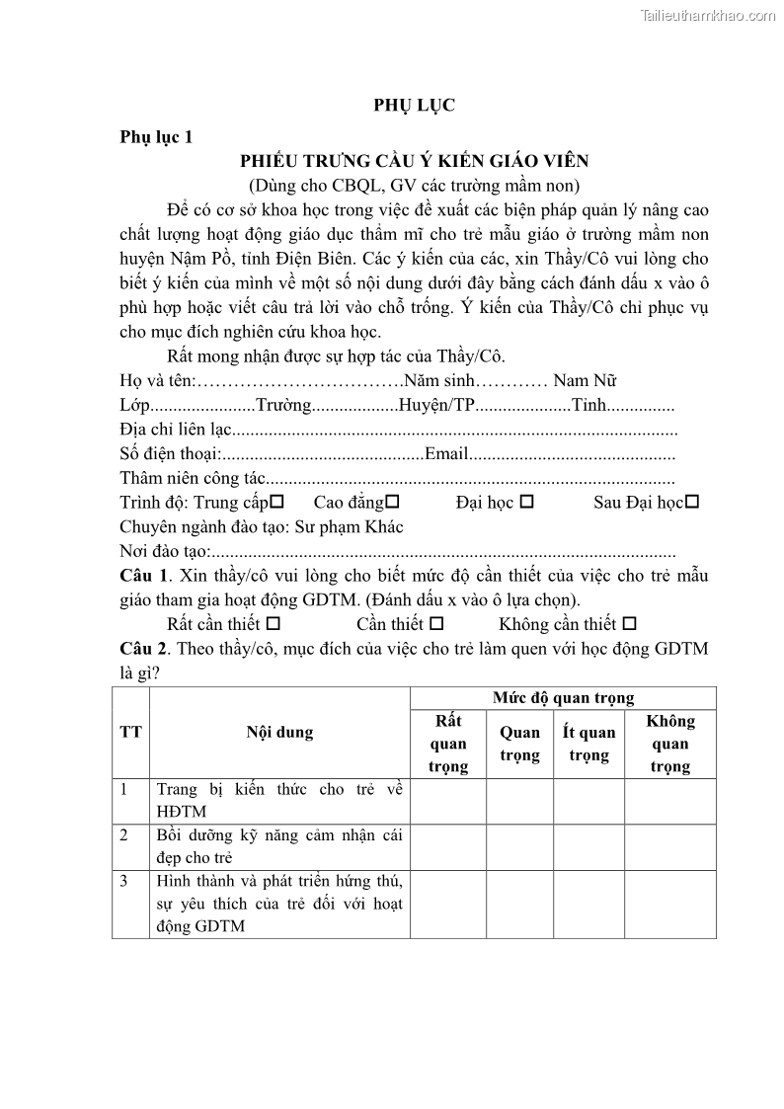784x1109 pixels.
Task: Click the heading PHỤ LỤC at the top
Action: [414, 106]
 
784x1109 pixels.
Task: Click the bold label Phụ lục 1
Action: [156, 137]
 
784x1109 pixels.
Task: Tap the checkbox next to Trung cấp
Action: [277, 503]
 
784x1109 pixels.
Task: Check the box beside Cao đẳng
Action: [392, 503]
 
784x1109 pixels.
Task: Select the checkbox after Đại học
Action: [526, 503]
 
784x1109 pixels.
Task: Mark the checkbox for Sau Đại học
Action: [692, 503]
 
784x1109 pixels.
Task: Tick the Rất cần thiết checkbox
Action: [274, 624]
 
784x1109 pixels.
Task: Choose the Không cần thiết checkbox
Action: [630, 624]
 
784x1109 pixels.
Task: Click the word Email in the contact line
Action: [445, 454]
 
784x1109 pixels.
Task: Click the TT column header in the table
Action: [130, 732]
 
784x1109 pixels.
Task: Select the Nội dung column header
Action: [279, 732]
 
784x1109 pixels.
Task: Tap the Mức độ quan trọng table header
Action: [563, 698]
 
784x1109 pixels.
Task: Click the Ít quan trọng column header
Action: [588, 744]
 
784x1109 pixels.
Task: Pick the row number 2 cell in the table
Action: [124, 835]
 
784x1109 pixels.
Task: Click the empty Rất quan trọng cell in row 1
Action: [448, 801]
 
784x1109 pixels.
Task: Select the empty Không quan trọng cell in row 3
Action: [669, 903]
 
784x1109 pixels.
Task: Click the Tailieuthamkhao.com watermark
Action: [708, 15]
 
